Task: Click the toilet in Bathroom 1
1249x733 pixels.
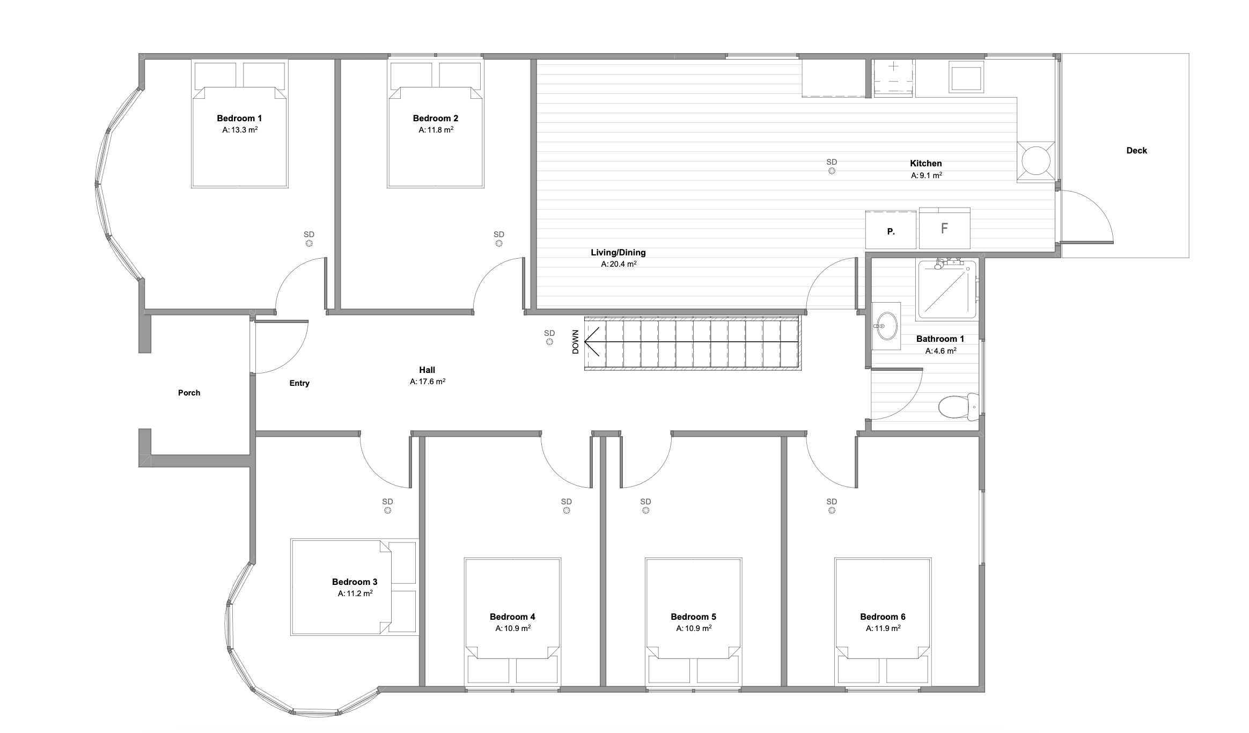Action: tap(958, 406)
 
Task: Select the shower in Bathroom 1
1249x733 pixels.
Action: tap(947, 289)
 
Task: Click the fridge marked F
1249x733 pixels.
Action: tap(944, 228)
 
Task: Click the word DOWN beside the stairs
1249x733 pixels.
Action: tap(576, 342)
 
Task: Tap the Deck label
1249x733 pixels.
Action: tap(1136, 151)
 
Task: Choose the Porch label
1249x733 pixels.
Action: tap(189, 393)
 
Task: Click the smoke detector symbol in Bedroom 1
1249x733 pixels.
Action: tap(309, 243)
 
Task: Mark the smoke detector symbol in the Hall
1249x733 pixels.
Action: tap(549, 341)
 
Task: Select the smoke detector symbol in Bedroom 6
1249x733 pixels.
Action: tap(832, 510)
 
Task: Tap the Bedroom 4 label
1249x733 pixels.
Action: tap(512, 617)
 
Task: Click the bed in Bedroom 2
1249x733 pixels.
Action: tap(436, 123)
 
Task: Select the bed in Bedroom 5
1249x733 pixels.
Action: tap(694, 622)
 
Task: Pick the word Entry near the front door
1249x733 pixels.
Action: tap(299, 383)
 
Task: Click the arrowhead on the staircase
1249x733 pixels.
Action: tap(591, 342)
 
